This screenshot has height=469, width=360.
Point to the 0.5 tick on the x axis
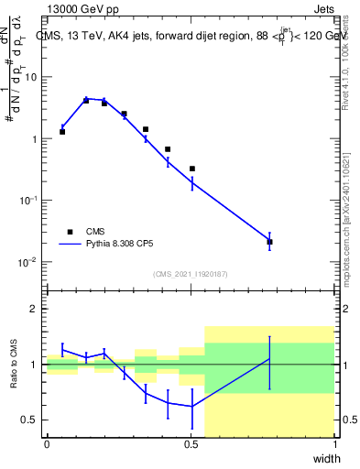[191, 443]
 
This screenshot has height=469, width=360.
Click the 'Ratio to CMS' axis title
[13, 365]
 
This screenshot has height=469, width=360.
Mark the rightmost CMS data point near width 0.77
[269, 242]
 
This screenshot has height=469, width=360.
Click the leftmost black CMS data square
[62, 132]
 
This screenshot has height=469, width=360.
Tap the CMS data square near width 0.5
[192, 169]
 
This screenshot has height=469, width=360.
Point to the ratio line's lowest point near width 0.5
[192, 406]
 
